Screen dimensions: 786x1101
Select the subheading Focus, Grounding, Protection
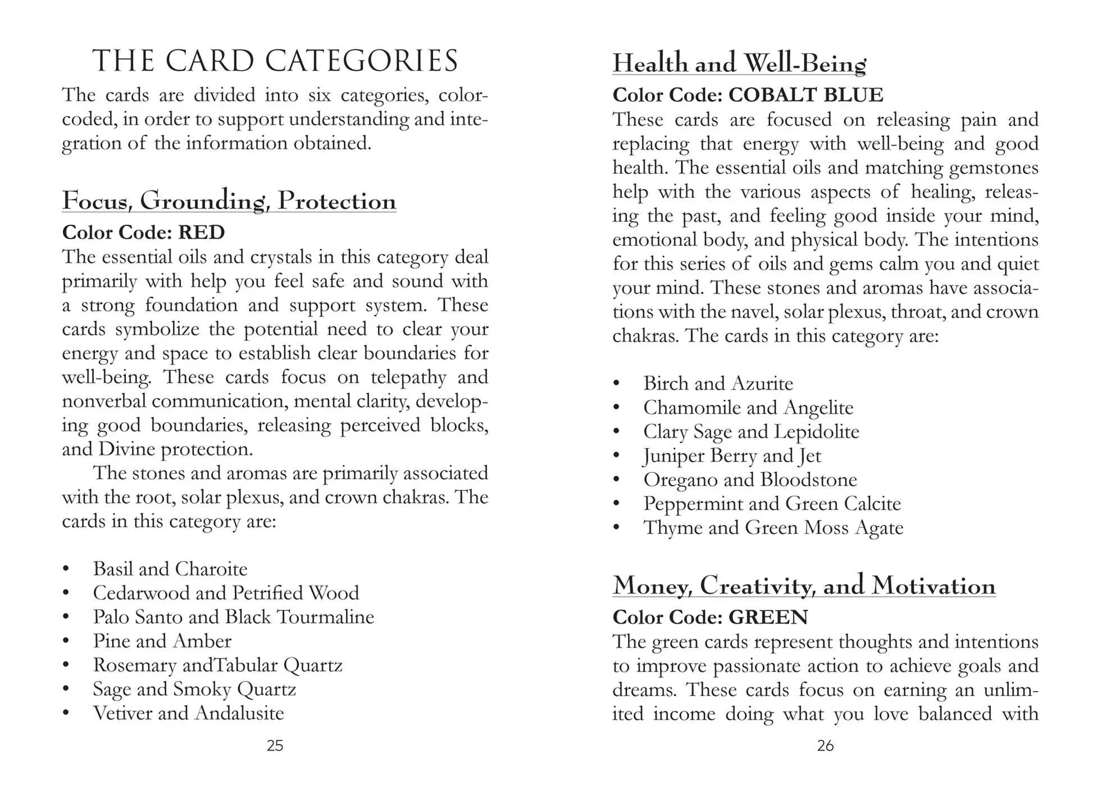coord(229,201)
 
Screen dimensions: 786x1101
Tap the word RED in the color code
coord(201,232)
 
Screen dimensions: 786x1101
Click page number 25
coord(275,746)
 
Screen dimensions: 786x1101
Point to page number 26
coord(825,746)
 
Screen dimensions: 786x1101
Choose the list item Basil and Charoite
coord(170,569)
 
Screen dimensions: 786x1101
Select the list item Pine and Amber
coord(162,641)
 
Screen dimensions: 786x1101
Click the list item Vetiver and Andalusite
coord(188,713)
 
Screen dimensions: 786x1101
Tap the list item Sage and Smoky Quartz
coord(194,689)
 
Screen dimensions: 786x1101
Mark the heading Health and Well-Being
coord(739,63)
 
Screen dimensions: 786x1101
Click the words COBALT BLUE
coord(806,95)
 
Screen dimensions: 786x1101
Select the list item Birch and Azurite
coord(718,383)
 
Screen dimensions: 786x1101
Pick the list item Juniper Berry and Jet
coord(732,455)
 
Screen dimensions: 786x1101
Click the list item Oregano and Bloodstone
coord(750,479)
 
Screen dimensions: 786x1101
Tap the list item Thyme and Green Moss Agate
coord(773,528)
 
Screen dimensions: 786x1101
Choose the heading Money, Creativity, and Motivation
coord(804,586)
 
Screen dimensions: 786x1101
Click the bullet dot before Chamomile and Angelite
coord(616,408)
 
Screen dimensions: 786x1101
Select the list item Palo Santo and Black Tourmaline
coord(233,617)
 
